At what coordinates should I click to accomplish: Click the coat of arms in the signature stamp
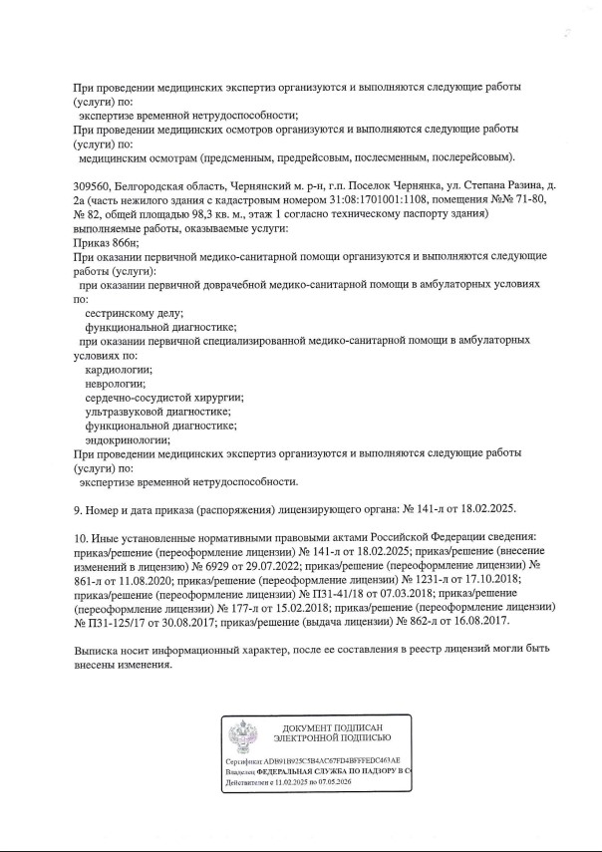point(242,742)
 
